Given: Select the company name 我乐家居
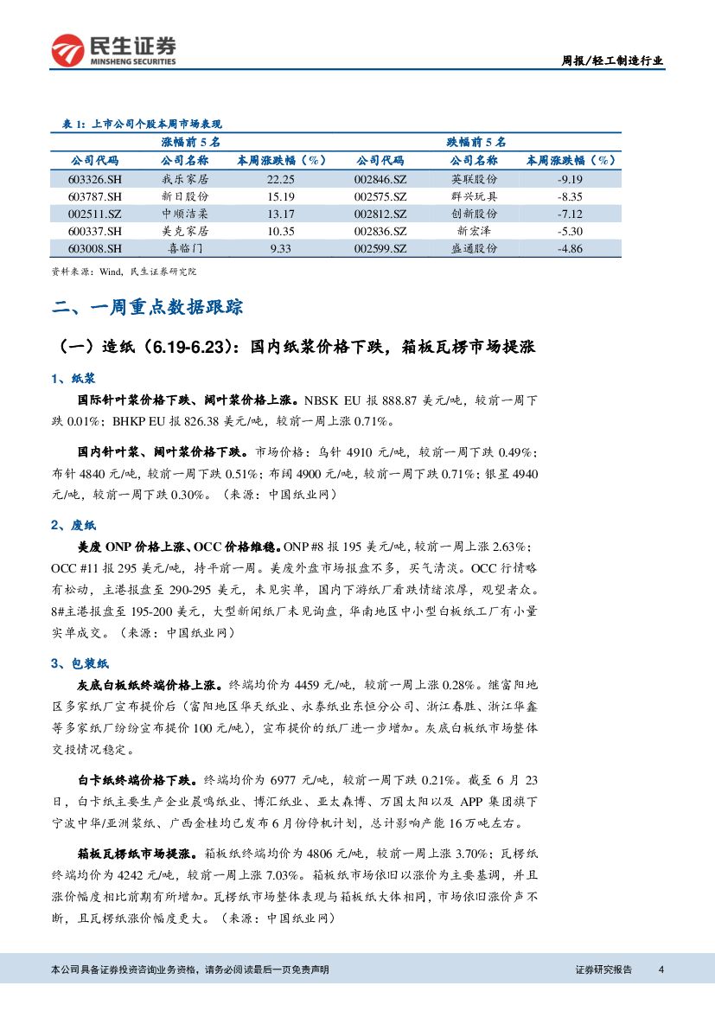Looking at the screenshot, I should tap(184, 179).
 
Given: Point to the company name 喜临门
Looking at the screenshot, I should tap(184, 248).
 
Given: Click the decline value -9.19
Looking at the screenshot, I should tap(571, 179).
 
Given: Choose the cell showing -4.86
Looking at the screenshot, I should tap(571, 248).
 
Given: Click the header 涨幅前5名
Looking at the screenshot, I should tap(191, 142).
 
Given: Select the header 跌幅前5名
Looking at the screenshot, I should tap(476, 142).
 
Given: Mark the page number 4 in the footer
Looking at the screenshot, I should tap(661, 969).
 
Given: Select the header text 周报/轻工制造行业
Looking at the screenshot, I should tap(613, 61).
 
